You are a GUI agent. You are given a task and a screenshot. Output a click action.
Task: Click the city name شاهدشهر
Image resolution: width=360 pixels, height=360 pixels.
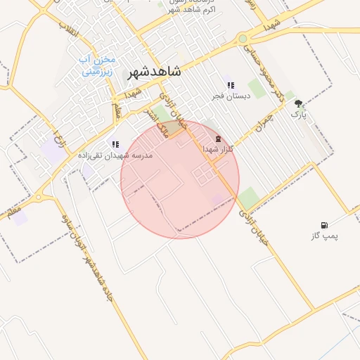154,72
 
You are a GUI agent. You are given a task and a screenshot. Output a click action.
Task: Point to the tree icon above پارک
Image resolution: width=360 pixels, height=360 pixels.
298,103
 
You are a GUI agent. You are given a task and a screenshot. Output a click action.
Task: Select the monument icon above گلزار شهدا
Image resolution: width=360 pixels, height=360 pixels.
217,139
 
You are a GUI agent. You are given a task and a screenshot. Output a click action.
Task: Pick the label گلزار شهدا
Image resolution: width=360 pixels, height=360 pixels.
217,149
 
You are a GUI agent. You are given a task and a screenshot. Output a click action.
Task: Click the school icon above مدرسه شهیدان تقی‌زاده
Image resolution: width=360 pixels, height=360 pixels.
115,144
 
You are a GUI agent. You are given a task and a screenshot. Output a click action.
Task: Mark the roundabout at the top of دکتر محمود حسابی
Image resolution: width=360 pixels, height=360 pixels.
243,39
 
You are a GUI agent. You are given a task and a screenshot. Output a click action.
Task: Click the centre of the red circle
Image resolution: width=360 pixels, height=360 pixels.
180,179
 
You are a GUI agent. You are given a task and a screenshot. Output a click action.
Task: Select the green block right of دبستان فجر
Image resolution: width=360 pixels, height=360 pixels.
257,88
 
